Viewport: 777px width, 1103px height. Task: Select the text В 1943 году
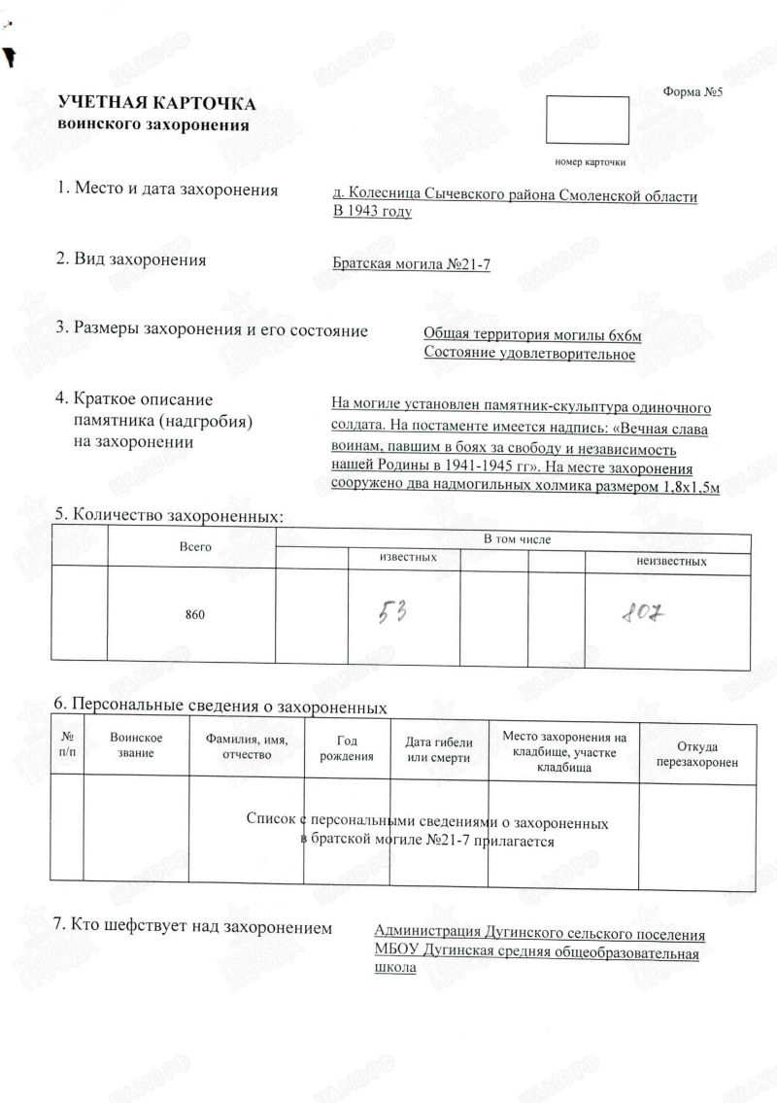pyautogui.click(x=372, y=211)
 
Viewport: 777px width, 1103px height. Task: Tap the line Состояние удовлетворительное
pyautogui.click(x=529, y=354)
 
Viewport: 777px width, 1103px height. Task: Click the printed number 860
pyautogui.click(x=195, y=615)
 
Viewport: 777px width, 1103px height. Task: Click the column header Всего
pyautogui.click(x=195, y=547)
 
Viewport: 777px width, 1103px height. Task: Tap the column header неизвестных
pyautogui.click(x=671, y=561)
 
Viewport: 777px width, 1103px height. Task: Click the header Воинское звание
pyautogui.click(x=136, y=746)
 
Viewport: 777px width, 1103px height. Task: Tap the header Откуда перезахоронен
pyautogui.click(x=697, y=754)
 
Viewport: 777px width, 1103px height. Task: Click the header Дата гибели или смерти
pyautogui.click(x=438, y=749)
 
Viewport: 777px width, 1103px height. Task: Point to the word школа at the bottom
pyautogui.click(x=395, y=969)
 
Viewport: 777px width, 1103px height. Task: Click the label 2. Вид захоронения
pyautogui.click(x=131, y=259)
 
